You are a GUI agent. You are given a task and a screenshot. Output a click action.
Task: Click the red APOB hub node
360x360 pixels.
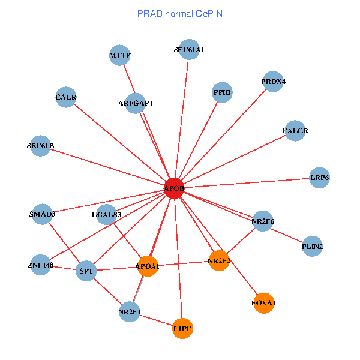pyautogui.click(x=174, y=188)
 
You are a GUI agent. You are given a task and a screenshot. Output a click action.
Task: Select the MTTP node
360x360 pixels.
pyautogui.click(x=120, y=56)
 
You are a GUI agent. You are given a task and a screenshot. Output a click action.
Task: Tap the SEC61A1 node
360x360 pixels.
pyautogui.click(x=189, y=50)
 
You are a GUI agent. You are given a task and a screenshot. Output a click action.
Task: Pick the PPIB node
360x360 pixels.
pyautogui.click(x=222, y=92)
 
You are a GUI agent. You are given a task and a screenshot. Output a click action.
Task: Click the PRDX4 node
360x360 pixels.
pyautogui.click(x=274, y=82)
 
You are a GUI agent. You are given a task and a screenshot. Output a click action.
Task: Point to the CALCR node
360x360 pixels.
pyautogui.click(x=295, y=131)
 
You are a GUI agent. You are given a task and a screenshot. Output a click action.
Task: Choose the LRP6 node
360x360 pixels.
pyautogui.click(x=319, y=178)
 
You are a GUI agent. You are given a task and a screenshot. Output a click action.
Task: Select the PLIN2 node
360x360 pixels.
pyautogui.click(x=312, y=246)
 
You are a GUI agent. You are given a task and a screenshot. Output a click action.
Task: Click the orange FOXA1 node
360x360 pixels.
pyautogui.click(x=264, y=303)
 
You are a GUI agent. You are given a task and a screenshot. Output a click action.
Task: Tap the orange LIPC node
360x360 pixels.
pyautogui.click(x=182, y=329)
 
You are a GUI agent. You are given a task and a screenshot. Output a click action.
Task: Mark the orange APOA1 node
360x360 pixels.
pyautogui.click(x=148, y=266)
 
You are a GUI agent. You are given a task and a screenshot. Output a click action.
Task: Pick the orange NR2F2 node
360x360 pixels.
pyautogui.click(x=219, y=260)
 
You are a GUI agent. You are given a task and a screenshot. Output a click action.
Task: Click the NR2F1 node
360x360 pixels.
pyautogui.click(x=130, y=312)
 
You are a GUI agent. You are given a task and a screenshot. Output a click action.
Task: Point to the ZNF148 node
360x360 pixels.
pyautogui.click(x=40, y=265)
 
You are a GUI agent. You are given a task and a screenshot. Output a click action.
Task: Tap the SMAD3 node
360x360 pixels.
pyautogui.click(x=42, y=214)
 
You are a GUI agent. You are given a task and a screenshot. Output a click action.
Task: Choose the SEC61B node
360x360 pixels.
pyautogui.click(x=40, y=146)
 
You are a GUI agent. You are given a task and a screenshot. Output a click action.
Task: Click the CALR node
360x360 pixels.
pyautogui.click(x=66, y=97)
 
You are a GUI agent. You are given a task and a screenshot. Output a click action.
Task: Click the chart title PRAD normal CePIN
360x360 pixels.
pyautogui.click(x=180, y=14)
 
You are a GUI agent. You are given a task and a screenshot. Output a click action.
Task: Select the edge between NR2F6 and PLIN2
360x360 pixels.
pyautogui.click(x=287, y=233)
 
